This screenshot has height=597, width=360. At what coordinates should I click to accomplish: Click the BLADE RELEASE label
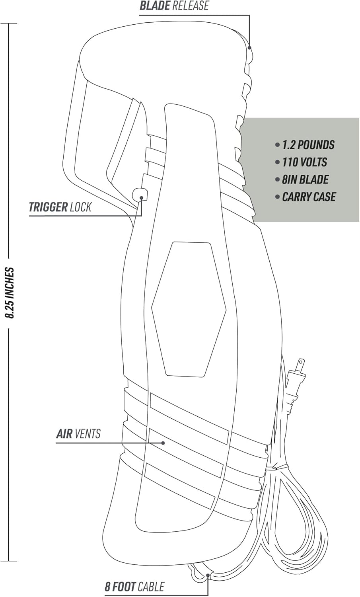(x=174, y=6)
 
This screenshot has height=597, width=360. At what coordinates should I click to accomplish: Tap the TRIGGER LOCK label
(x=60, y=207)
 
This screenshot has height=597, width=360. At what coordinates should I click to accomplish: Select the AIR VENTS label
(x=78, y=434)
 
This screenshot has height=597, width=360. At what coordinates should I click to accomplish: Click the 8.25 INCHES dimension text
(x=10, y=293)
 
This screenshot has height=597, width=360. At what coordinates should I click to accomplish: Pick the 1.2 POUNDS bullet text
(x=308, y=145)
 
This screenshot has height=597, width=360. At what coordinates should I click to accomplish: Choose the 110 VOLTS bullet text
(x=305, y=162)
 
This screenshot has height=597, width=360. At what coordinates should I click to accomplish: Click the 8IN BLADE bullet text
(x=306, y=179)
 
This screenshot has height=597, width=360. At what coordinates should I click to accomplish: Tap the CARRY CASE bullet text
(x=309, y=197)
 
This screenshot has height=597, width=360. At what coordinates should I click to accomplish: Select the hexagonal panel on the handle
(x=189, y=309)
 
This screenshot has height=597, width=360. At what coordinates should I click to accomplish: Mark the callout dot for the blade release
(x=249, y=48)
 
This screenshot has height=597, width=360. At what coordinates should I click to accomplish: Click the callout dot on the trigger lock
(x=142, y=198)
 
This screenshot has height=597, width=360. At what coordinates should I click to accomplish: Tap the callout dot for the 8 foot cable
(x=208, y=574)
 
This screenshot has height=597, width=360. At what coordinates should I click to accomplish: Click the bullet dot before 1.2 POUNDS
(x=277, y=145)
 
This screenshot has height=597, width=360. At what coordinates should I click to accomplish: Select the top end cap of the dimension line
(x=9, y=23)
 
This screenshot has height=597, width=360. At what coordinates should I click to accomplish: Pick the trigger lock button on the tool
(x=140, y=194)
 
